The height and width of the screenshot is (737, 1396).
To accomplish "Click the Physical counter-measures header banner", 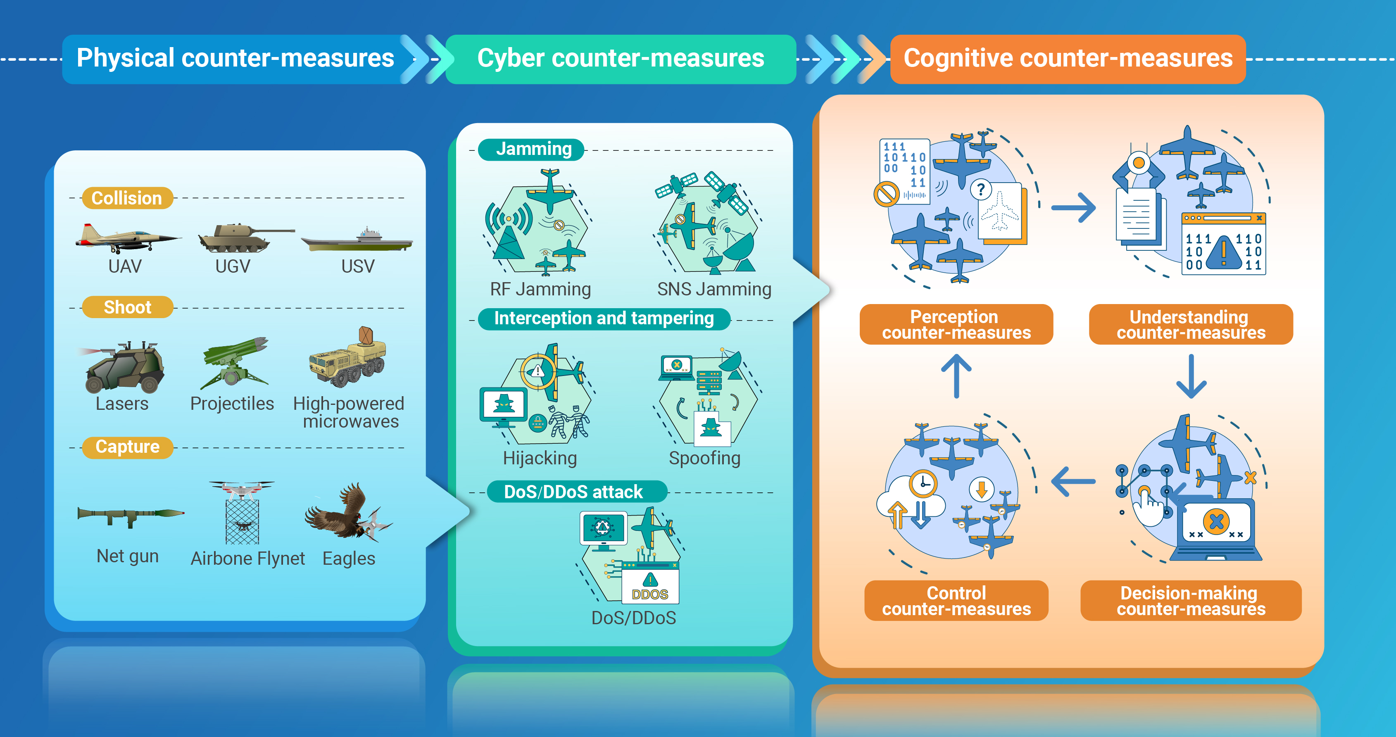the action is pos(238,59).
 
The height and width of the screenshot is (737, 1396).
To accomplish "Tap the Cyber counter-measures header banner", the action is pos(621,59).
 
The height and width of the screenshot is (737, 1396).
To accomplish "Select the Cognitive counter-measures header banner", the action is pos(1068,59).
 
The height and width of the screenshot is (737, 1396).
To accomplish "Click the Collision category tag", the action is pos(127,198).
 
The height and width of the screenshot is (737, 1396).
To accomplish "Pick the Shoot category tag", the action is pos(127,307).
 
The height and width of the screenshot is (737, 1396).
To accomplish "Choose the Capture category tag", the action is pos(127,447).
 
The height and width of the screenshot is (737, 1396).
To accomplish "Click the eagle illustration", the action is pos(347,512).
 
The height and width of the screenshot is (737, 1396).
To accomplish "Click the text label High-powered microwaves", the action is pos(349,412).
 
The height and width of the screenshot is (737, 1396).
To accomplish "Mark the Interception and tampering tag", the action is pos(604,319).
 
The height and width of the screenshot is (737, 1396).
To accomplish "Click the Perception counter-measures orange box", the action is pos(956,324).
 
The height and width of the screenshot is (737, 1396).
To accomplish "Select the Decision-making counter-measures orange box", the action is pos(1191,600).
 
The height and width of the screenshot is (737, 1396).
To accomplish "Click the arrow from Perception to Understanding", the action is pos(1074,207).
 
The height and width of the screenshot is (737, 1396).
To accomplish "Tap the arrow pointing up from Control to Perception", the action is pos(956,376).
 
